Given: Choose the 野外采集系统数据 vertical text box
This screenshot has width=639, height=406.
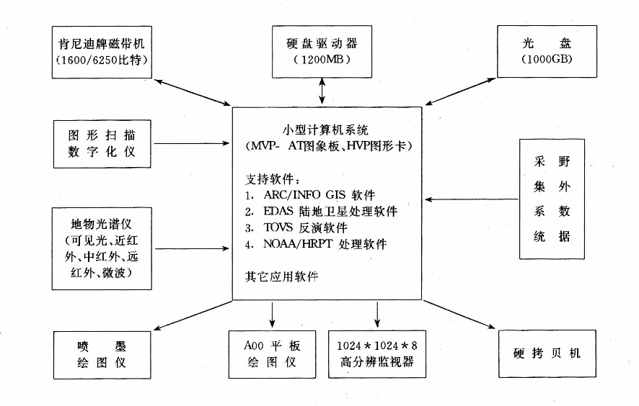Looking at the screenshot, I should click(x=552, y=199).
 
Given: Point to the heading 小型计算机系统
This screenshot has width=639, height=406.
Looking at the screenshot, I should click(x=325, y=130).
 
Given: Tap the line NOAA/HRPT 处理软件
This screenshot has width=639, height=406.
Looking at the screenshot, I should click(x=314, y=244).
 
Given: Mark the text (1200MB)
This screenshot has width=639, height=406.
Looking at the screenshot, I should click(x=322, y=60).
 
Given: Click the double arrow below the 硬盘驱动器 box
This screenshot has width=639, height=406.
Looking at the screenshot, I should click(x=322, y=91).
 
